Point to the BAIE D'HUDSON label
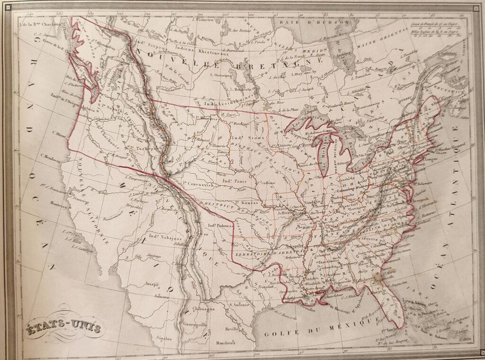coord(314,22)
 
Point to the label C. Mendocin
coord(51,159)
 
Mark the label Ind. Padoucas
coord(221,226)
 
